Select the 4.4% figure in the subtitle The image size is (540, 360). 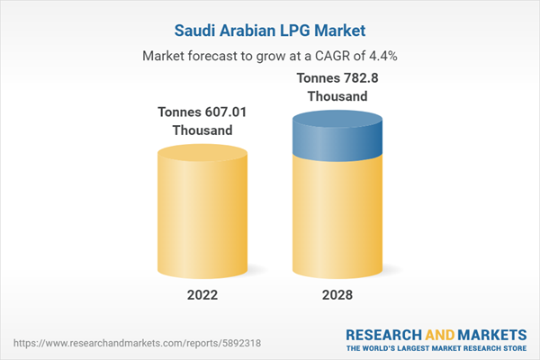point(381,55)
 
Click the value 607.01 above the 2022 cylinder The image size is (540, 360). point(215,112)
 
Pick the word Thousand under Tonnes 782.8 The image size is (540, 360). point(337,96)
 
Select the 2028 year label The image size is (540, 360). point(337,294)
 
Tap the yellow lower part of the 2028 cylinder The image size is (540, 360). point(337,216)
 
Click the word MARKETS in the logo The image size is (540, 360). point(487,331)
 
